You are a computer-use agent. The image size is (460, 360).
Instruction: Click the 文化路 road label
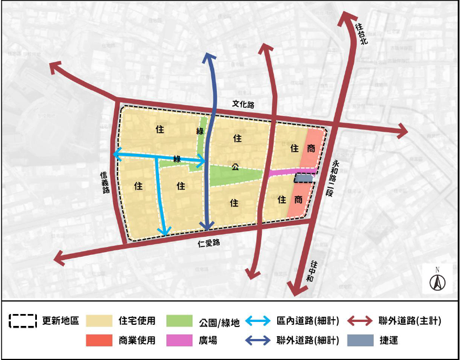pos(243,104)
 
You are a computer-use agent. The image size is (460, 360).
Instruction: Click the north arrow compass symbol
pos(437,279)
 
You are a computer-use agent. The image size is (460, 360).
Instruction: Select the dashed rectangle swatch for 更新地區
pos(23,321)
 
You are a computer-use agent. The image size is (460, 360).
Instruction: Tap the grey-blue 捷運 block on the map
pos(304,178)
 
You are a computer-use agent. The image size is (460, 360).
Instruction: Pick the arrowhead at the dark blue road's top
pos(209,56)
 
